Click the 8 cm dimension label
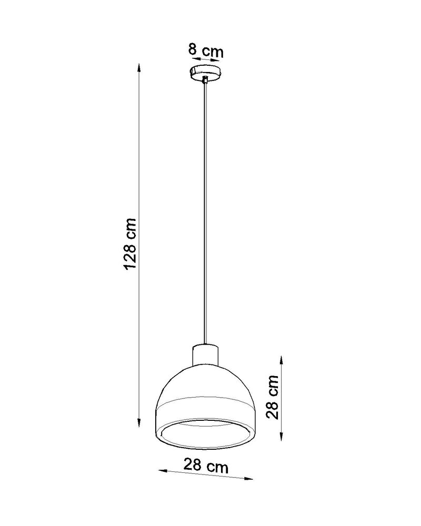(206, 52)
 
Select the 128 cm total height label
(130, 243)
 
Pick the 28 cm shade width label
(206, 464)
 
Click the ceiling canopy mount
(206, 70)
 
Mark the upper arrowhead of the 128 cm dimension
(139, 68)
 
